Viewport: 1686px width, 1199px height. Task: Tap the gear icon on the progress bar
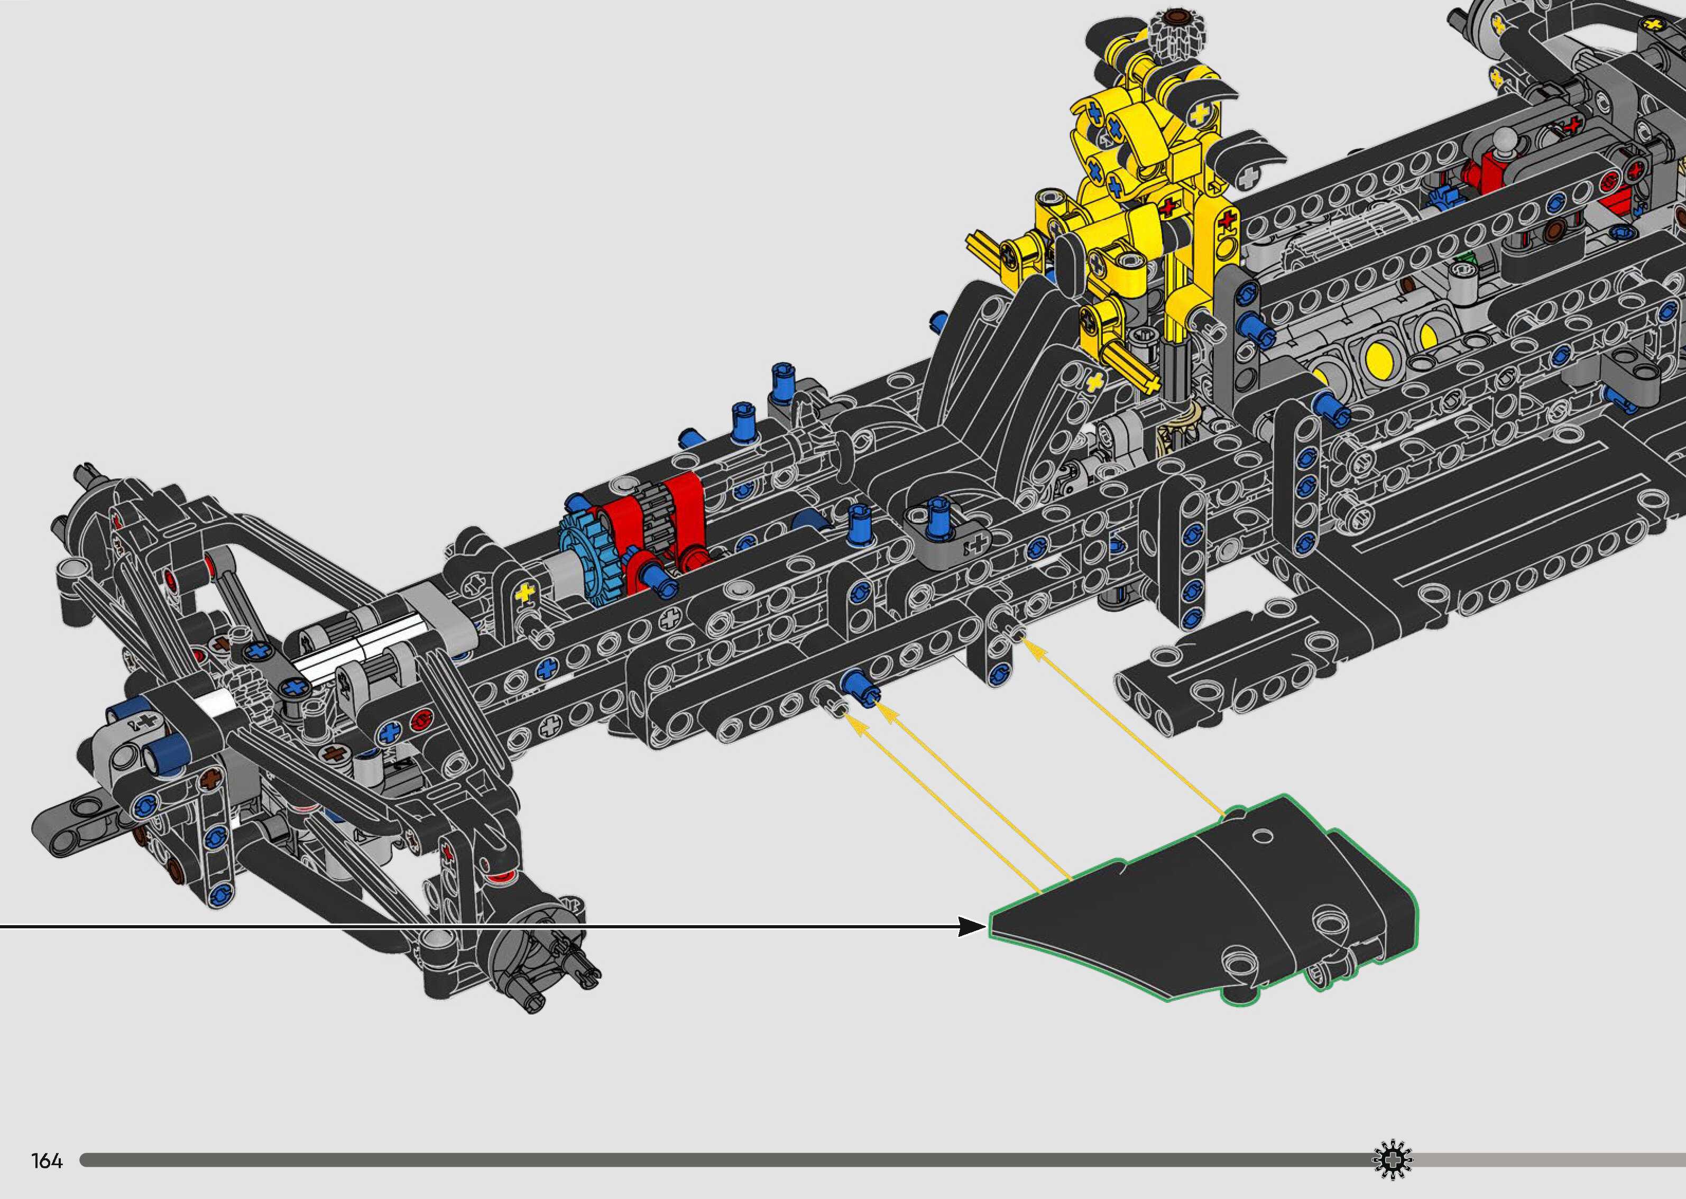[1392, 1160]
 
